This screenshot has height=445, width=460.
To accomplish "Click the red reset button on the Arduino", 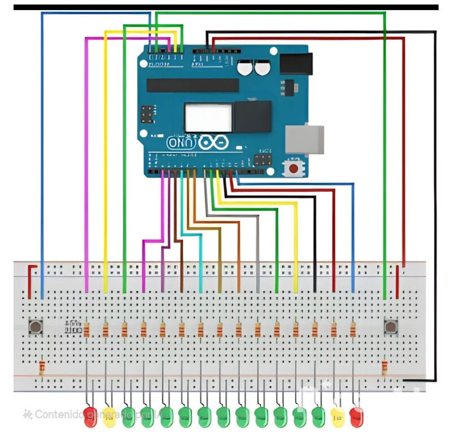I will tap(293, 168).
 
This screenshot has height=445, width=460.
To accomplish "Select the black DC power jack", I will tap(296, 63).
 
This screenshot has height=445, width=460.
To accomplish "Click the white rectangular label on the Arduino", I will tap(208, 117).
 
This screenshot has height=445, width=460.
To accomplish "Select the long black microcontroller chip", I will tap(192, 85).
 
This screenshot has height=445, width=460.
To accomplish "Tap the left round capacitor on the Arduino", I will tap(244, 68).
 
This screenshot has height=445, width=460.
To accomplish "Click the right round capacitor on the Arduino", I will tap(261, 68).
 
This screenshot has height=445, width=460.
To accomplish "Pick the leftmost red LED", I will tap(90, 417).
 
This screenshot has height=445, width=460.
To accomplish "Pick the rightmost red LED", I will tap(356, 417).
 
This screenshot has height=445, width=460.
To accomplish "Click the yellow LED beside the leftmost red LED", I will tap(109, 417).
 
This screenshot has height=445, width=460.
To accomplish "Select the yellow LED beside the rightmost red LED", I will tap(338, 417).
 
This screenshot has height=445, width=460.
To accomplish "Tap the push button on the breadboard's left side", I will tap(36, 327).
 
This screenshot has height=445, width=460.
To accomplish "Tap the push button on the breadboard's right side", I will tap(391, 327).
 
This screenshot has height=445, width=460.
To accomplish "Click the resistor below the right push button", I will tap(385, 368).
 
